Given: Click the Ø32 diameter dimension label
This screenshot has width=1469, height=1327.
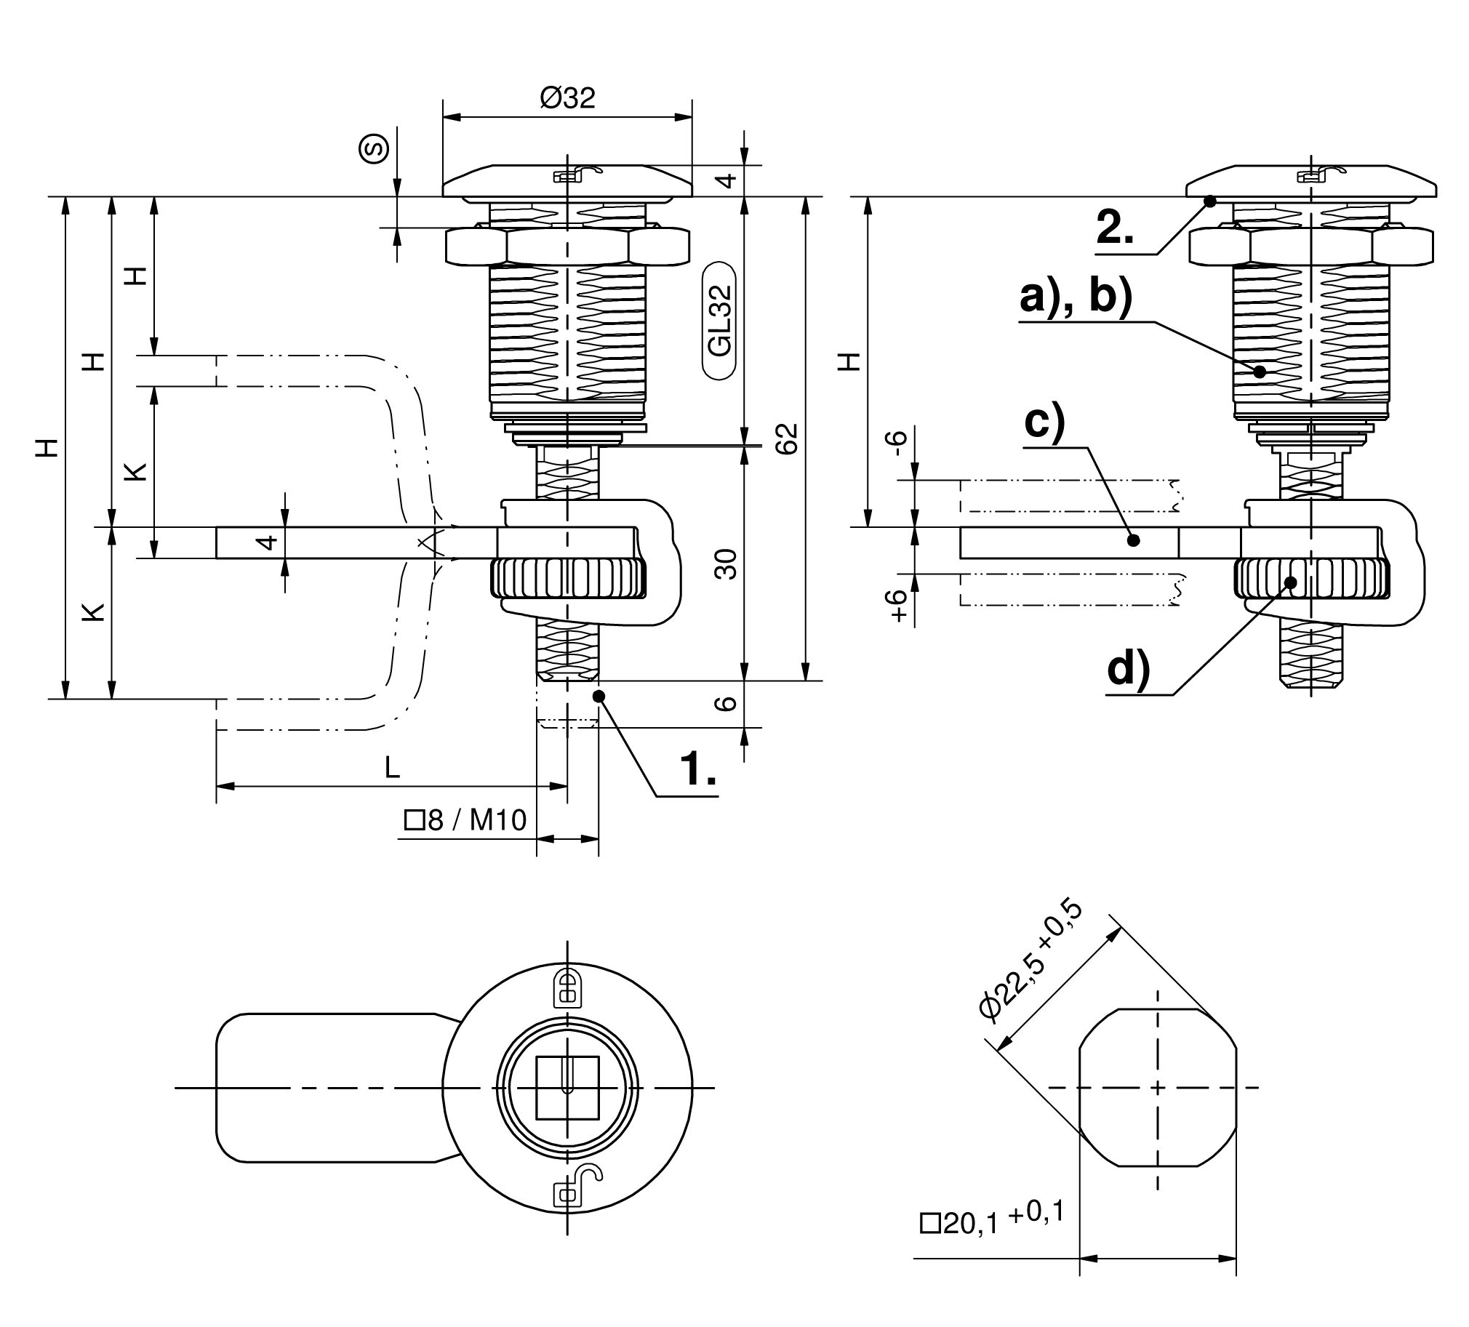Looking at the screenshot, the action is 568,97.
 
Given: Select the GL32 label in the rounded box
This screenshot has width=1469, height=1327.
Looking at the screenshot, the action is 720,321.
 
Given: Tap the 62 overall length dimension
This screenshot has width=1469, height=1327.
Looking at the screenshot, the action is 787,438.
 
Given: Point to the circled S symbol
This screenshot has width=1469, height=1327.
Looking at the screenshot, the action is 375,149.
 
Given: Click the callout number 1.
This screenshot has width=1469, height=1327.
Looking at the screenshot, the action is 697,769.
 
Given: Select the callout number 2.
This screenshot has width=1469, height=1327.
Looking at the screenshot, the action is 1116,228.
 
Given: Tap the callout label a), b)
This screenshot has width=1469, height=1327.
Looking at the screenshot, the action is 1076,297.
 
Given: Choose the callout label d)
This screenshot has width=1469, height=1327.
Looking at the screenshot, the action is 1128,668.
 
